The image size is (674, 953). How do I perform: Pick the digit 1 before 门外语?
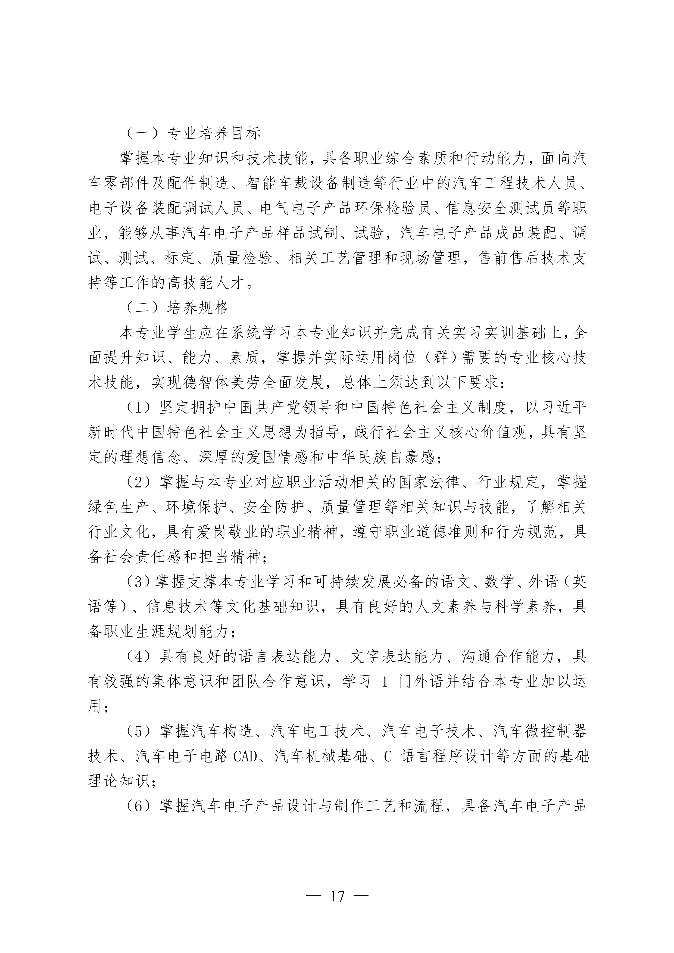pos(384,682)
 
